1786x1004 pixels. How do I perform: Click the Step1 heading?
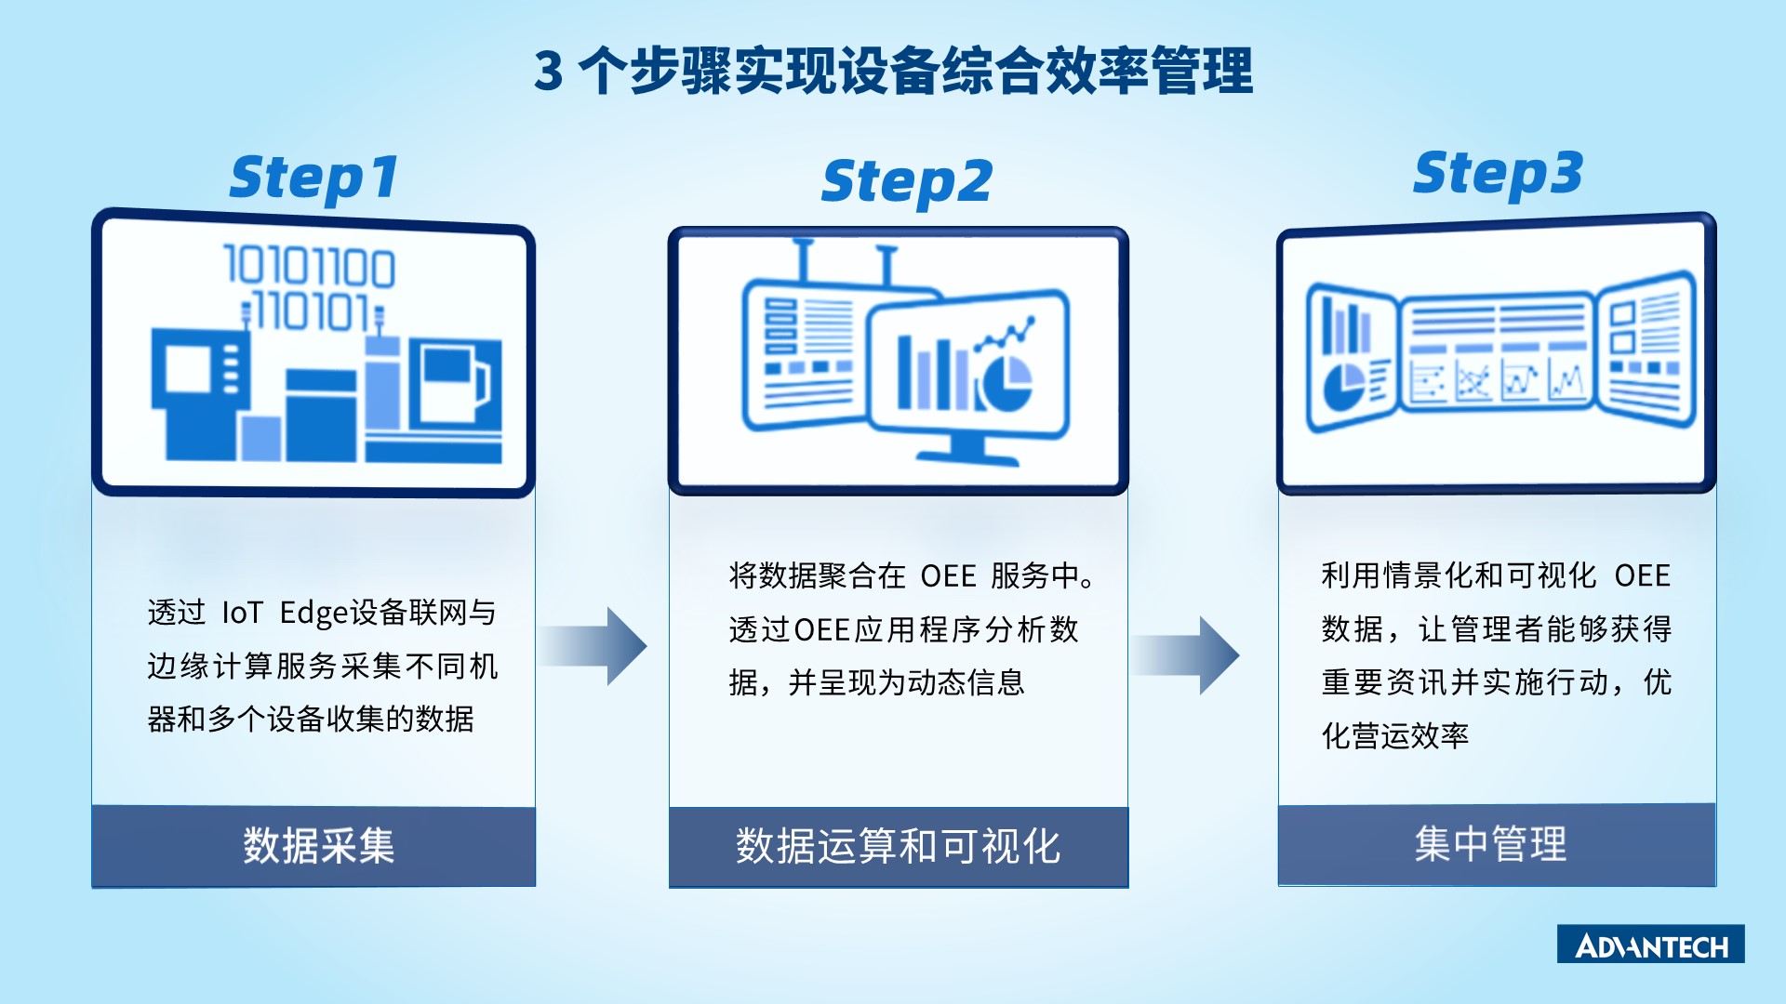click(314, 178)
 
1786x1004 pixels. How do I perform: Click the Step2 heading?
click(907, 182)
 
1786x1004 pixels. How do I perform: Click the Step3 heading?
click(1498, 174)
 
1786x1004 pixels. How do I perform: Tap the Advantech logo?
click(1651, 944)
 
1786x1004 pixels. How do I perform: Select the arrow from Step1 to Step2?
click(593, 646)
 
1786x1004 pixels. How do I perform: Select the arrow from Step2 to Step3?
click(1185, 655)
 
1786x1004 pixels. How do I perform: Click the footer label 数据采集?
click(319, 846)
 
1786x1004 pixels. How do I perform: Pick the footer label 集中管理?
click(1490, 844)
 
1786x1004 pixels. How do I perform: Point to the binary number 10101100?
click(310, 266)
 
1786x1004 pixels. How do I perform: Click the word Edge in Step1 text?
click(314, 614)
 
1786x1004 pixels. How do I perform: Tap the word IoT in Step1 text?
click(242, 613)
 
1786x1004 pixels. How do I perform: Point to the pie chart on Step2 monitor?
click(1005, 381)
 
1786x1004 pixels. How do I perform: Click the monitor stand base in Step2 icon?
click(967, 456)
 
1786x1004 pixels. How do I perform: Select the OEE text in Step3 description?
click(1643, 575)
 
